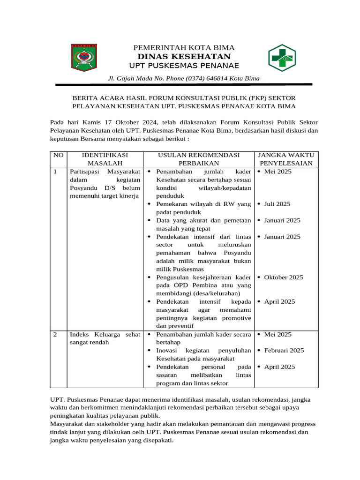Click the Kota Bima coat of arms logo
pos(84,58)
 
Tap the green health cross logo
pos(282,58)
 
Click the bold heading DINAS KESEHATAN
pos(184,57)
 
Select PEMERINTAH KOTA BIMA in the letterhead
pos(184,48)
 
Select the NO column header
pos(58,155)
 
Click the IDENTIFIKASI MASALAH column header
pos(105,159)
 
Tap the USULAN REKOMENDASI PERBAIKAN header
pos(199,159)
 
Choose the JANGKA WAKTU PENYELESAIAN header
pos(286,159)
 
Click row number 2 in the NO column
pos(55,334)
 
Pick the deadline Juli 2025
pos(277,204)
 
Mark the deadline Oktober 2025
pos(284,277)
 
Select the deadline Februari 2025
pos(284,350)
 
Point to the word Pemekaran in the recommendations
pos(172,204)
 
